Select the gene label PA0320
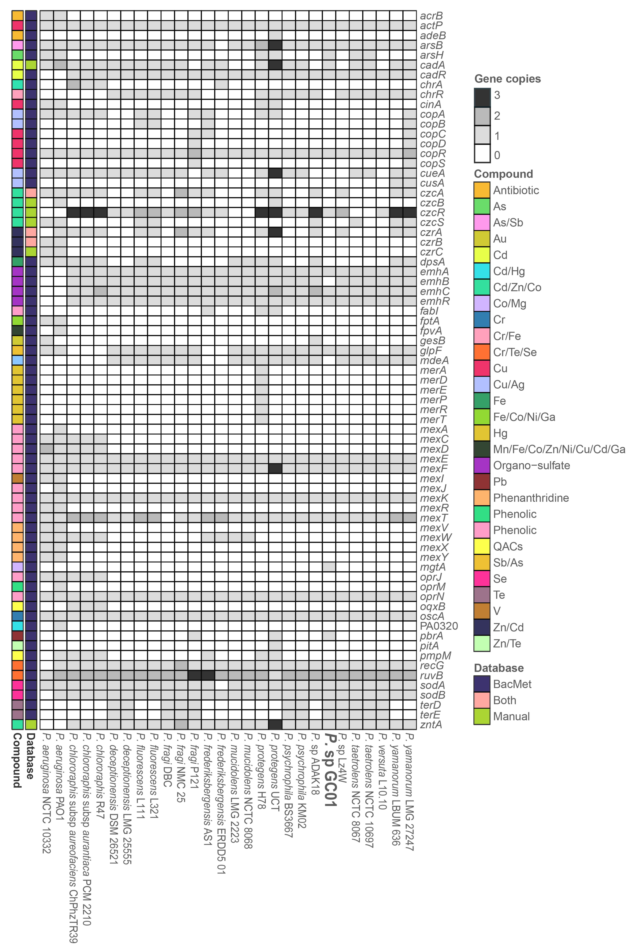439,626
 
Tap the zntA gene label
431,724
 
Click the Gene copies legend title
507,79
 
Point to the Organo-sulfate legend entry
531,466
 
